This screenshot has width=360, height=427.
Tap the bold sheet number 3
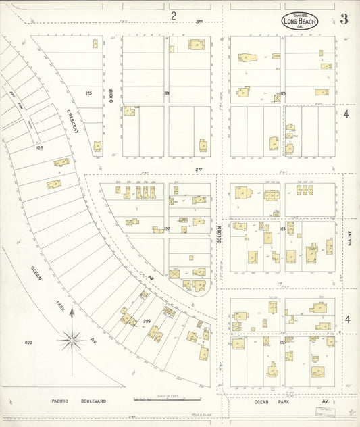coord(344,19)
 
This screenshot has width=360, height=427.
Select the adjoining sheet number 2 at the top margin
coord(174,15)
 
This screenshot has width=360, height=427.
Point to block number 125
coord(88,93)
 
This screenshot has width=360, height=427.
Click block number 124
coord(166,93)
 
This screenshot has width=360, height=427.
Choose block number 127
coord(166,229)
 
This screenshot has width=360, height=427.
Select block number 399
coord(147,321)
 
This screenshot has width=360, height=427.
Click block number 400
coord(28,343)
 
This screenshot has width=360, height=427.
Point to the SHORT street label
coord(111,95)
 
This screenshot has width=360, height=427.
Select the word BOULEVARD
coord(92,401)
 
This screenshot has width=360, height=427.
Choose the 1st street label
coord(278,284)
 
